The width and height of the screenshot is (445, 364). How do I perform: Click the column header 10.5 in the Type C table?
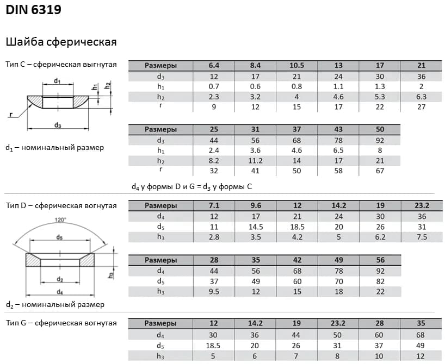[x=296, y=66]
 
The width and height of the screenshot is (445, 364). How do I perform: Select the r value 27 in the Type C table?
[x=421, y=107]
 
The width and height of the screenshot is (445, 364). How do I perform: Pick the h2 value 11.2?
[x=255, y=161]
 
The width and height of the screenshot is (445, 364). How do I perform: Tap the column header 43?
[x=338, y=130]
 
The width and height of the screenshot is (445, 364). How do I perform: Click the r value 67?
[x=380, y=171]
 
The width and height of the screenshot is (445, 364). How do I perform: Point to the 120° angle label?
[x=60, y=219]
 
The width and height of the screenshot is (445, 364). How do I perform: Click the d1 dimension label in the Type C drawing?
[x=57, y=81]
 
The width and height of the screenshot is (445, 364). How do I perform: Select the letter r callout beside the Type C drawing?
[x=10, y=115]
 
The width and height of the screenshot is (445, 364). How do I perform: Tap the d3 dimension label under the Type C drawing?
[x=57, y=125]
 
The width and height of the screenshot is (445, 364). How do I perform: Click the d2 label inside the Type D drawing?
[x=60, y=279]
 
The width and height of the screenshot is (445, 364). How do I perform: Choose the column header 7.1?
[x=214, y=206]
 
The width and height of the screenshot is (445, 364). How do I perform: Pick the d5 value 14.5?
[x=255, y=227]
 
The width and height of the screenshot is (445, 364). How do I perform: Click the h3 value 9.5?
[x=214, y=291]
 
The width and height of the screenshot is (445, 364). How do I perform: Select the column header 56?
[x=380, y=260]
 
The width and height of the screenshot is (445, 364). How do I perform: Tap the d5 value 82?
[x=380, y=281]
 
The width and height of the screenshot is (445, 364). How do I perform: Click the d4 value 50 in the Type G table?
[x=338, y=335]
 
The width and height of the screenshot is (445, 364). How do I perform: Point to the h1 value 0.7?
[x=214, y=86]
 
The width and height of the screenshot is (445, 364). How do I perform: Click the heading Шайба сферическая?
[x=61, y=42]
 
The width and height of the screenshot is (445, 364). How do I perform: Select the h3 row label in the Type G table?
[x=160, y=356]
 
